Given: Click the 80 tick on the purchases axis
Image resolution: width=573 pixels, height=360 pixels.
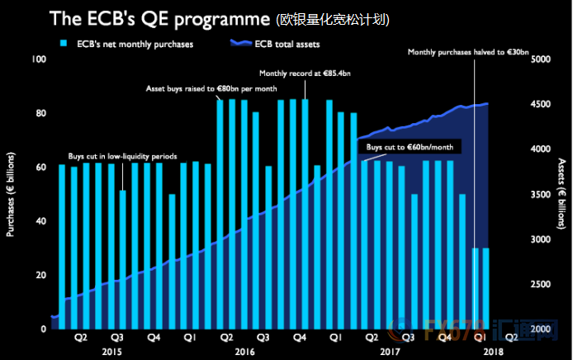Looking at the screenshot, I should (x=40, y=113).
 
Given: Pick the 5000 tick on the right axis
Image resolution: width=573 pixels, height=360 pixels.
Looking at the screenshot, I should (x=542, y=59).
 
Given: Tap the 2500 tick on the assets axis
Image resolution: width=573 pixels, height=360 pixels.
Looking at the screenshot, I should (x=542, y=284).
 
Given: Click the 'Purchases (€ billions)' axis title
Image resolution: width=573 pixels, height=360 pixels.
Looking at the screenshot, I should (x=11, y=194).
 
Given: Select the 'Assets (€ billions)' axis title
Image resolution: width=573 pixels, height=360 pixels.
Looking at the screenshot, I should (x=561, y=194).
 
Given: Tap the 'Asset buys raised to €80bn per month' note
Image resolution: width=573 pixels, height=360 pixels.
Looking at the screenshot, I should (x=211, y=88).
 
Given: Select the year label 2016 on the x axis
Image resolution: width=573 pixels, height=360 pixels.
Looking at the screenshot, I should (x=245, y=352).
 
